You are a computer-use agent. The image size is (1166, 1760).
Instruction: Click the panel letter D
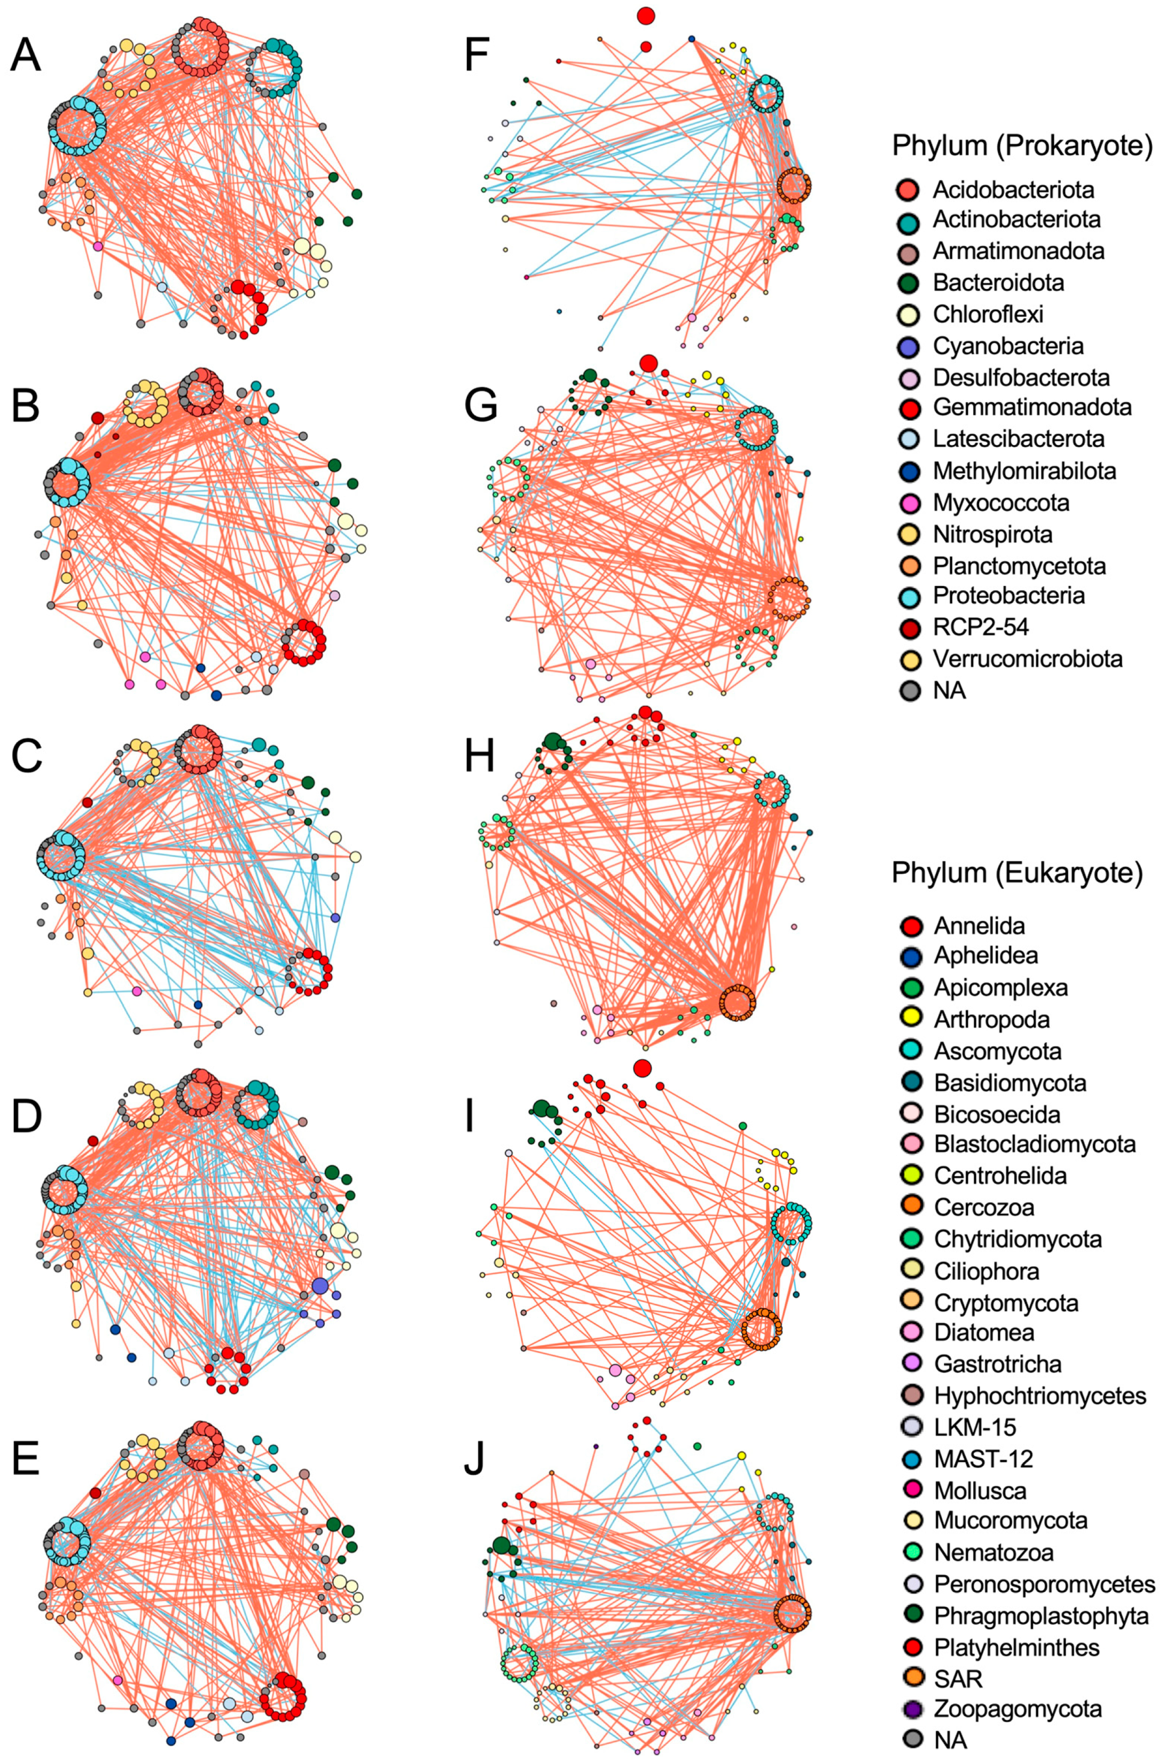[26, 1117]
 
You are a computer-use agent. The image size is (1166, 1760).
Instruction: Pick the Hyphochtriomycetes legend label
[1039, 1396]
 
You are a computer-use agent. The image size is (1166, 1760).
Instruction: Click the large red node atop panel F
[645, 15]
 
